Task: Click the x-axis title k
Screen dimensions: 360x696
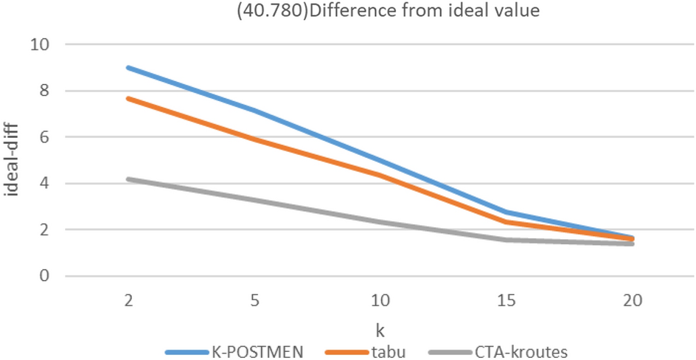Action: [x=379, y=326]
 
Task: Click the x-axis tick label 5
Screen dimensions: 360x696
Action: [x=254, y=301]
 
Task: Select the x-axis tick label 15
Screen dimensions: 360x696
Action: [x=506, y=301]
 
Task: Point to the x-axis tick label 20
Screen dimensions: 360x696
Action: [x=633, y=301]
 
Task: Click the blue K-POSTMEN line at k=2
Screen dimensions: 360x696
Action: [x=128, y=67]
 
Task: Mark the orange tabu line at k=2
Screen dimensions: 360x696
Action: [x=128, y=98]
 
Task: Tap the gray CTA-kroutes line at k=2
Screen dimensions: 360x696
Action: [x=128, y=179]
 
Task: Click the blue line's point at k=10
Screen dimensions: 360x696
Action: [x=380, y=159]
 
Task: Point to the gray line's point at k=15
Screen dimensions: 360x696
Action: [x=506, y=240]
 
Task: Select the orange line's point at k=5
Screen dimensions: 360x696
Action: [x=254, y=139]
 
